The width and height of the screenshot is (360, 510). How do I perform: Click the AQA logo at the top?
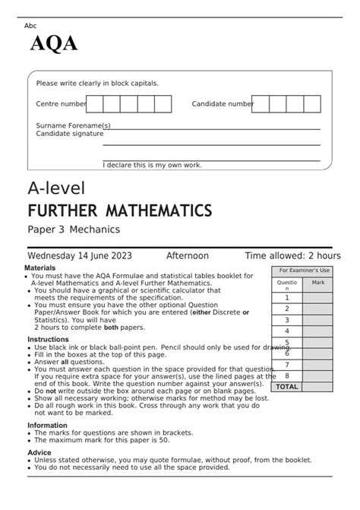[x=53, y=43]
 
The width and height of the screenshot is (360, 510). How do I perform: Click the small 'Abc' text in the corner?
[x=30, y=26]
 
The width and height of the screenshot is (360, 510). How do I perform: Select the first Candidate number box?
[x=261, y=103]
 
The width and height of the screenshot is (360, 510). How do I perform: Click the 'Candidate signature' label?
[x=70, y=133]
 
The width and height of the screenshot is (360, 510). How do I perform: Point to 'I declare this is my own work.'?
[x=152, y=164]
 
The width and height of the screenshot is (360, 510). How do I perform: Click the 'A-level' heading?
[x=56, y=187]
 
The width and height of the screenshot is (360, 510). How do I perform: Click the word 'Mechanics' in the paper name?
[x=97, y=229]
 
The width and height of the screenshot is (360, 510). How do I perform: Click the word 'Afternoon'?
[x=188, y=256]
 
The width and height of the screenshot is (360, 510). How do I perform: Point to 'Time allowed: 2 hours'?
[x=292, y=256]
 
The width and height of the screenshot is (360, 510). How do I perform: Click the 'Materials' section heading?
[x=40, y=268]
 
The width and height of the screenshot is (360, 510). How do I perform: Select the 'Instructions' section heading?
[x=48, y=339]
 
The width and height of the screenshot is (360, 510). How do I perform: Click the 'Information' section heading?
[x=47, y=426]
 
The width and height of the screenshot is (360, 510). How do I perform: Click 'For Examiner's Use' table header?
[x=304, y=271]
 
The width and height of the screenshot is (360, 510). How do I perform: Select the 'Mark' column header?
[x=317, y=282]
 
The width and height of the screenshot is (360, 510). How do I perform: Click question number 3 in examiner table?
[x=286, y=320]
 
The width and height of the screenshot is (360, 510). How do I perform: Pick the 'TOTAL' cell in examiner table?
[x=286, y=386]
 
